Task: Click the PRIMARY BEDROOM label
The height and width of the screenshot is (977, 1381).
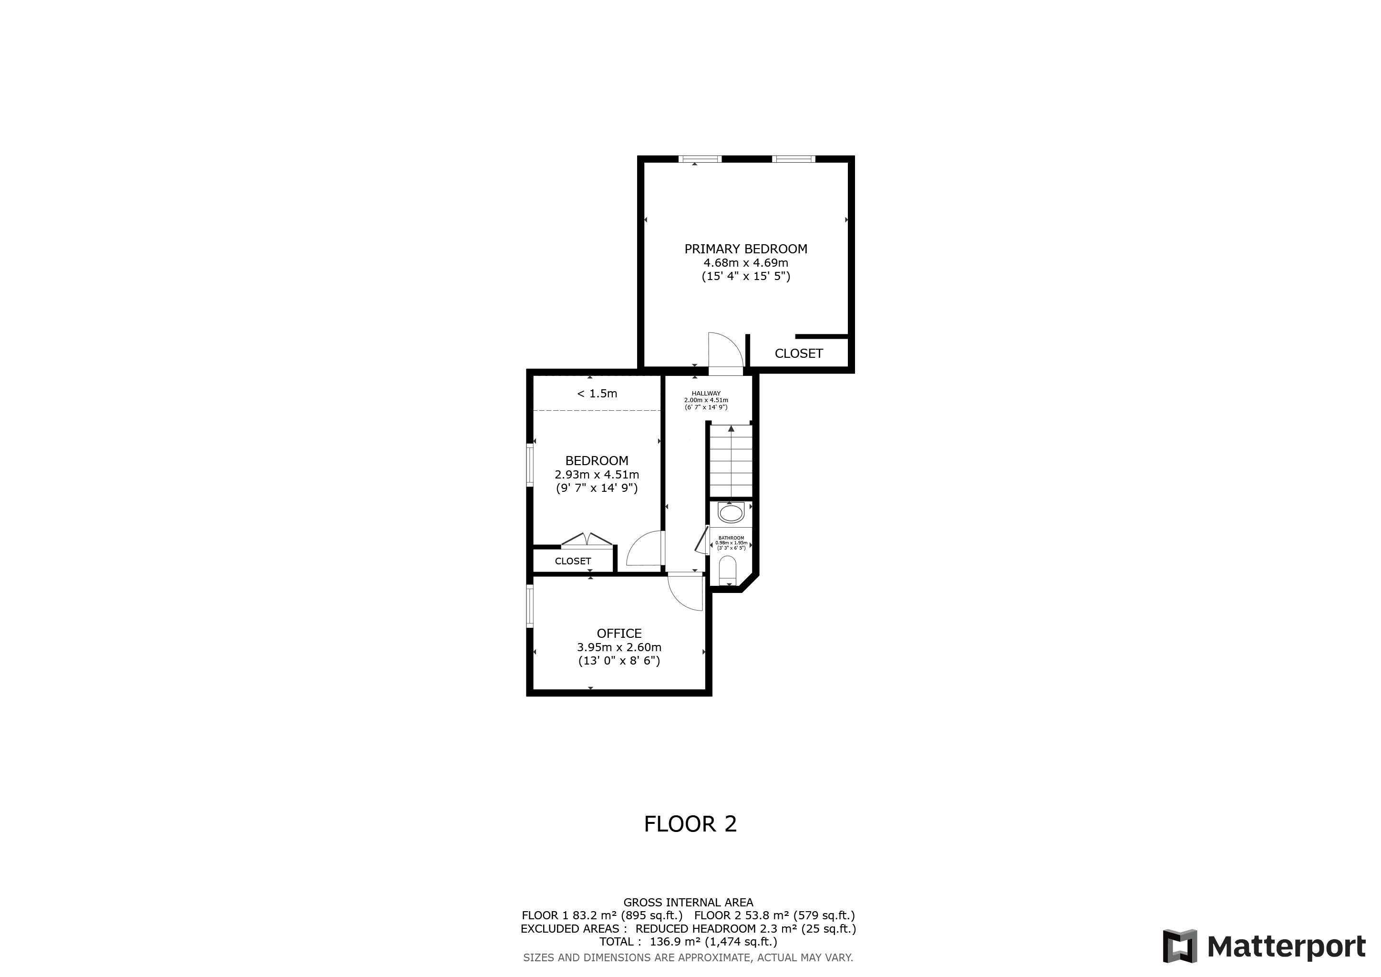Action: (x=746, y=249)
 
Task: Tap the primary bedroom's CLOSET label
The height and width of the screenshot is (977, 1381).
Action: (x=799, y=354)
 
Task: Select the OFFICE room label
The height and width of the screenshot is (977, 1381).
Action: (x=619, y=634)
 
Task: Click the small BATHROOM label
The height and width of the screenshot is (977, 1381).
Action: (x=732, y=538)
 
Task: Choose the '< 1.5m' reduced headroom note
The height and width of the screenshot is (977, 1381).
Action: (x=597, y=394)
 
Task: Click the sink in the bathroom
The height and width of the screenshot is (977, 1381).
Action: (x=732, y=513)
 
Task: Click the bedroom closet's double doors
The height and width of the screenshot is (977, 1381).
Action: (x=587, y=540)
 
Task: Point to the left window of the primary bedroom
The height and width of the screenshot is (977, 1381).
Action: (x=700, y=159)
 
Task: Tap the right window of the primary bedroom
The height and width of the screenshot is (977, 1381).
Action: (x=794, y=159)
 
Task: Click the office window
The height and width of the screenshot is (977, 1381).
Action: (x=530, y=606)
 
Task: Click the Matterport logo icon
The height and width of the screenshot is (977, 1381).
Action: (x=1180, y=946)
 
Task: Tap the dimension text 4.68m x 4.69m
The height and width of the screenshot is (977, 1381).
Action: (x=746, y=263)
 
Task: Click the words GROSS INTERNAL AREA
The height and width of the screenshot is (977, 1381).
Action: (x=688, y=903)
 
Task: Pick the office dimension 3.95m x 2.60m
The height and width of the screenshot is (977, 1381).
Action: (x=619, y=647)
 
